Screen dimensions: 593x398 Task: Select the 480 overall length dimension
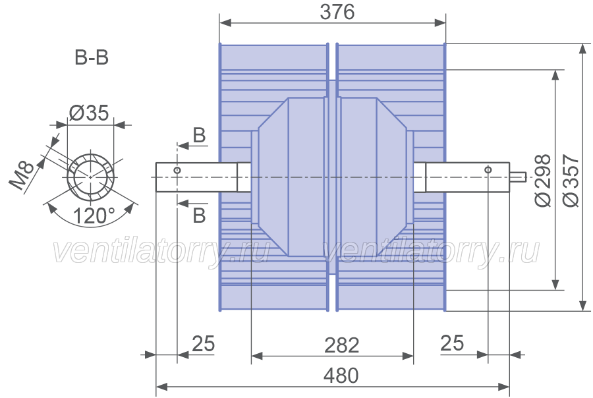[341, 376]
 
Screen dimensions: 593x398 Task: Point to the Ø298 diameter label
[543, 181]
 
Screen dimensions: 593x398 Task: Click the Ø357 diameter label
[571, 181]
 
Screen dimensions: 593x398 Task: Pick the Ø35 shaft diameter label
[89, 113]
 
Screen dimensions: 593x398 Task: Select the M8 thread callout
[22, 176]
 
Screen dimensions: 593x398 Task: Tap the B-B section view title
[92, 58]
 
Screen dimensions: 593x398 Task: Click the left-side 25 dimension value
[203, 343]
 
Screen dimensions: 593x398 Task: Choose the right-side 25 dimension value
[452, 343]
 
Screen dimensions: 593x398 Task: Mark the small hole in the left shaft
[177, 170]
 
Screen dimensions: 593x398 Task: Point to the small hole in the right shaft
[488, 169]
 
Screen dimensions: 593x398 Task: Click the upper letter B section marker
[199, 135]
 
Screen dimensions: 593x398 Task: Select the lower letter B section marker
[199, 215]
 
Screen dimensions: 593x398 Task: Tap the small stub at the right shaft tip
[517, 177]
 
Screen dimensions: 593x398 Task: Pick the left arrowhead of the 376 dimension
[225, 23]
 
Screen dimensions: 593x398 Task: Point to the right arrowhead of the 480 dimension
[504, 387]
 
